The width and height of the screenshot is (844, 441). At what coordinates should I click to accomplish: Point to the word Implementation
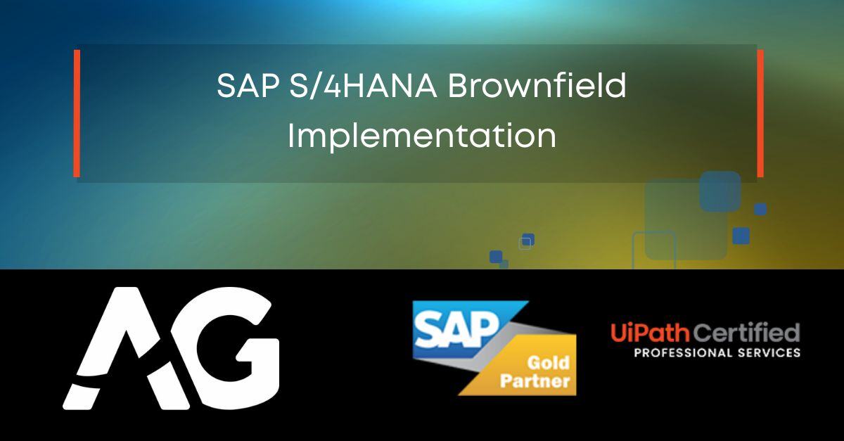(x=422, y=135)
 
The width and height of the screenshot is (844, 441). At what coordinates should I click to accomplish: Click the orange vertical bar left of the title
(x=77, y=113)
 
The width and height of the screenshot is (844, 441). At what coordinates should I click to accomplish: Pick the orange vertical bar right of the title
(x=760, y=113)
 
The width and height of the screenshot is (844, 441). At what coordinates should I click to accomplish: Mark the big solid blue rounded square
(x=720, y=191)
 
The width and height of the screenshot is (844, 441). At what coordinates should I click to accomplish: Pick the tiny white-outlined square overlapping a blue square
(x=524, y=243)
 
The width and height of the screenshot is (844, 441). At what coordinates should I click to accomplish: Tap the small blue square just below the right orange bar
(x=760, y=209)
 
